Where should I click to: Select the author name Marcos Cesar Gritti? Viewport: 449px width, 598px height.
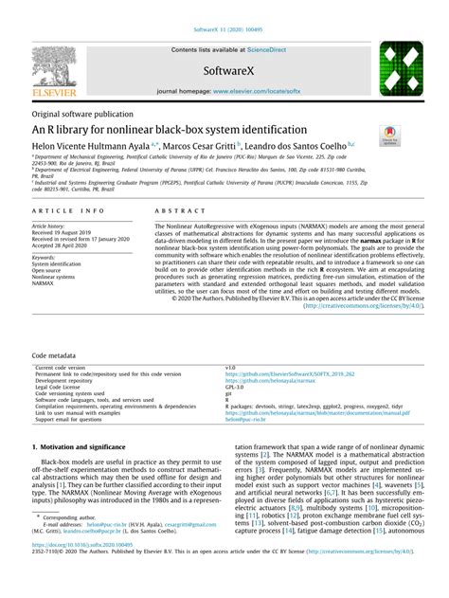click(x=202, y=146)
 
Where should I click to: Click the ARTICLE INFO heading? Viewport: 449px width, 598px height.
click(x=63, y=214)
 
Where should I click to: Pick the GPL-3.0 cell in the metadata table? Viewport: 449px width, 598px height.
click(x=234, y=389)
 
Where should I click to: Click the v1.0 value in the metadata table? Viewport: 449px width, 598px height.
click(x=230, y=366)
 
